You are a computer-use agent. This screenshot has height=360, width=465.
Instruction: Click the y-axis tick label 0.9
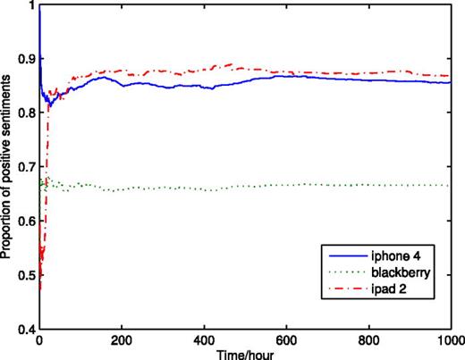click(24, 59)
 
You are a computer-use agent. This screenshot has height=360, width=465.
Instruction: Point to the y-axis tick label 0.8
click(24, 113)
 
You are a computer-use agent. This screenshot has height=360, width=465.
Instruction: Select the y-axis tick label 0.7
click(24, 167)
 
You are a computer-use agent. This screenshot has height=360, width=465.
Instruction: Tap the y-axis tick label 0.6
click(24, 222)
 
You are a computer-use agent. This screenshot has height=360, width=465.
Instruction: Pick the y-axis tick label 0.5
click(24, 275)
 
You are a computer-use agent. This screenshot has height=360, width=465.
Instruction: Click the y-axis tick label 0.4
click(24, 330)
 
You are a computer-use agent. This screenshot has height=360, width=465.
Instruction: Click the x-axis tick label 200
click(122, 340)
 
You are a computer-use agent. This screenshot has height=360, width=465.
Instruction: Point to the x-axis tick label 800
click(368, 340)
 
